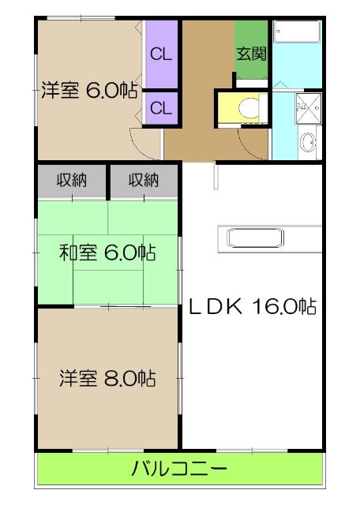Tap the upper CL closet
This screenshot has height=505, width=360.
161,55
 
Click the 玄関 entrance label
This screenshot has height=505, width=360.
252,54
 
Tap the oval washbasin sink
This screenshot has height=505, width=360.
308,144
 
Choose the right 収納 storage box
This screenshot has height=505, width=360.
144,180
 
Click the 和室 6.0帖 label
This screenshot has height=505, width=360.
107,253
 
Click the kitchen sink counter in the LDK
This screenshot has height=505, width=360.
269,238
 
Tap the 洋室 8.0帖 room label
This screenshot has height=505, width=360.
107,379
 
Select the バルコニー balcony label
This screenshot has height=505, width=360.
180,472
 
